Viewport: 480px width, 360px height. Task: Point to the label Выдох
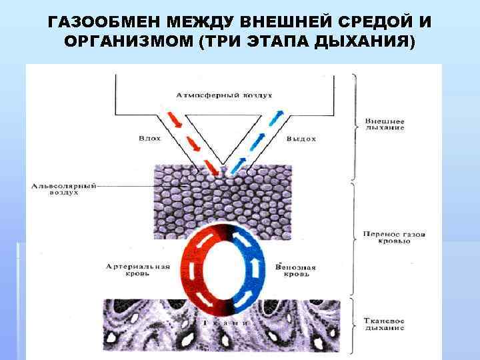(301, 139)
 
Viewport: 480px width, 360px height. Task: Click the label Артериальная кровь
(138, 271)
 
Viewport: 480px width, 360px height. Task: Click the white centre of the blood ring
(227, 271)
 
